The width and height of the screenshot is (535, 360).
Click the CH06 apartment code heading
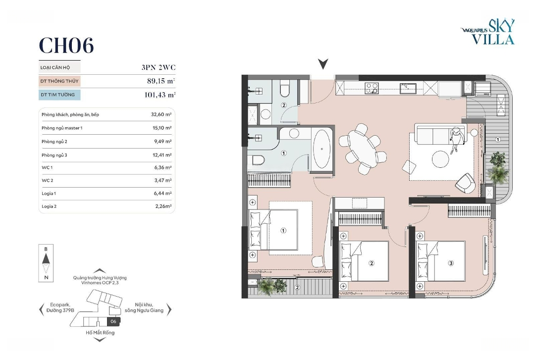pyautogui.click(x=66, y=46)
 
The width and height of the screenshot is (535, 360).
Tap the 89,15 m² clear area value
pyautogui.click(x=161, y=81)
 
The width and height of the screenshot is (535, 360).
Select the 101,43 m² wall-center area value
pyautogui.click(x=160, y=95)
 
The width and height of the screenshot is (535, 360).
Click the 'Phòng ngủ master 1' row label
pyautogui.click(x=62, y=128)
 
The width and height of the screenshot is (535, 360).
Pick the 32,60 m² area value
pyautogui.click(x=161, y=114)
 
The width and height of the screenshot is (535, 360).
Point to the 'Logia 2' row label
pyautogui.click(x=49, y=206)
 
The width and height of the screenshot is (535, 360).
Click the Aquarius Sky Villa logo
pyautogui.click(x=488, y=32)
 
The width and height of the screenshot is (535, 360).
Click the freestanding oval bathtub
pyautogui.click(x=322, y=149)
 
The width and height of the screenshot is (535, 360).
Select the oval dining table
pyautogui.click(x=363, y=149)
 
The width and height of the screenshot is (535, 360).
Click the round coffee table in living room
pyautogui.click(x=440, y=159)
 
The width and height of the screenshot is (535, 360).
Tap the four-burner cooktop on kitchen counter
pyautogui.click(x=371, y=88)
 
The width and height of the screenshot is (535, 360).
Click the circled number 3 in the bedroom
pyautogui.click(x=451, y=263)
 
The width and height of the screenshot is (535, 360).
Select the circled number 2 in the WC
pyautogui.click(x=284, y=105)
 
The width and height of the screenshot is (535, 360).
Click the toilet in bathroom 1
pyautogui.click(x=258, y=160)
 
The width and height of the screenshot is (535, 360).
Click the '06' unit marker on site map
pyautogui.click(x=113, y=321)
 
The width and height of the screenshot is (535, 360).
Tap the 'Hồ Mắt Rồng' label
pyautogui.click(x=100, y=333)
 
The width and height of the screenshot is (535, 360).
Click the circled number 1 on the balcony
pyautogui.click(x=498, y=140)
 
